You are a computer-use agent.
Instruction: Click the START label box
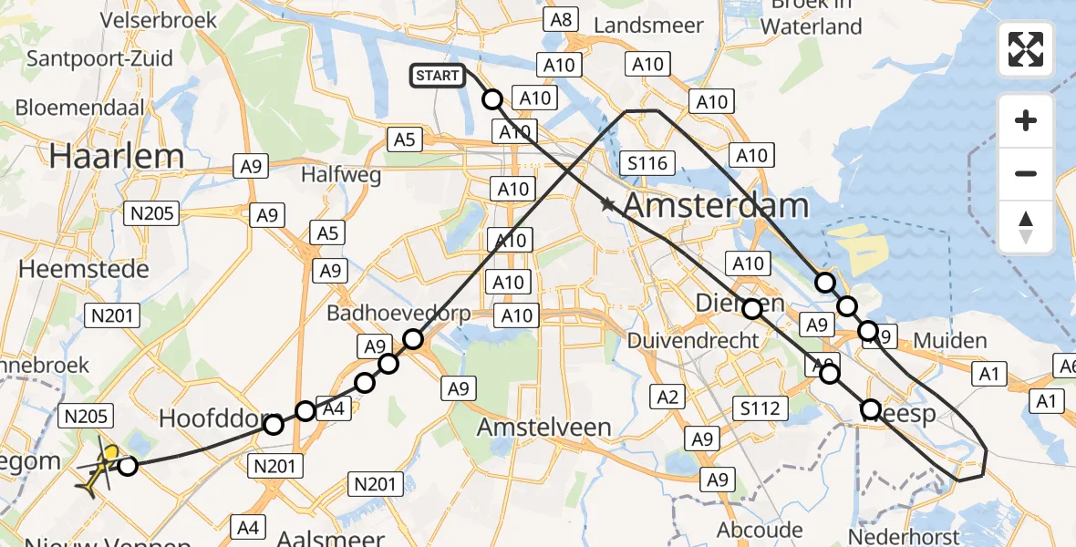coord(438,76)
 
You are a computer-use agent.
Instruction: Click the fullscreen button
coord(1026,49)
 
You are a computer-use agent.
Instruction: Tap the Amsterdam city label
coord(715,205)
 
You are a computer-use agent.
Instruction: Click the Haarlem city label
coord(117,156)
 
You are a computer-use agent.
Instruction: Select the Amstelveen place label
coord(544,428)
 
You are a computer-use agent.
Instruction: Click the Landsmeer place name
coord(648,26)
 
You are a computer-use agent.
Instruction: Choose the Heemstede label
coord(84,269)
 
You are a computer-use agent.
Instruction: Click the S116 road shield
coord(648,164)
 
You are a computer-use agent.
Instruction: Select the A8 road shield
coord(560,19)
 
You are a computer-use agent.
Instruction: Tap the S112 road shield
coord(760,408)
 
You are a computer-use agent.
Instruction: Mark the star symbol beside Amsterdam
coord(608,205)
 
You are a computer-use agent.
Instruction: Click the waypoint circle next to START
coord(491,99)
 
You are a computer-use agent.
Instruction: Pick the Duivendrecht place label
coord(694,340)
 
